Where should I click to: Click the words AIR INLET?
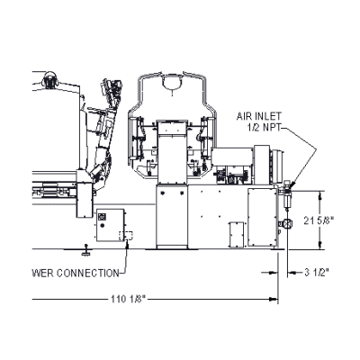point(259,116)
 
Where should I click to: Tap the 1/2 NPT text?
point(265,127)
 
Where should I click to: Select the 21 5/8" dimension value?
point(319,220)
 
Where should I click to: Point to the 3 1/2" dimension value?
point(317,273)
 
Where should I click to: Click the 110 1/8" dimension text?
point(128,299)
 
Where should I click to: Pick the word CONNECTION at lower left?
point(88,274)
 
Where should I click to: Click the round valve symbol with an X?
point(287,223)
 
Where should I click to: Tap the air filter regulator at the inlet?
point(287,193)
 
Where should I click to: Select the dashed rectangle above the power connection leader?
point(126,236)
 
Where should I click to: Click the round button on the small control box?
point(103,225)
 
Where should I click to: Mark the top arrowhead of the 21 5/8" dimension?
point(320,195)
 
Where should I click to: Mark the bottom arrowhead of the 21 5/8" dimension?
point(320,245)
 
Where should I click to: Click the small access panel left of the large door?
point(237,234)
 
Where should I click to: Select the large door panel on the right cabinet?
point(262,217)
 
